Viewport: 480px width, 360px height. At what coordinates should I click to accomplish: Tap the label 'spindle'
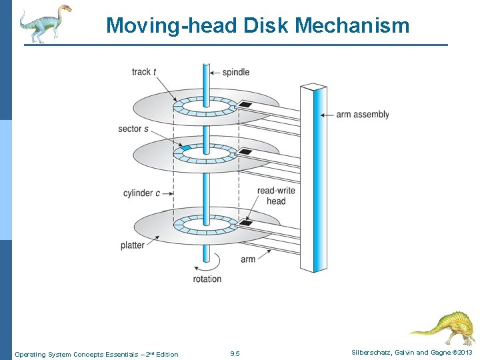235,72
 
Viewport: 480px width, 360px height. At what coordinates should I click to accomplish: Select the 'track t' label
144,72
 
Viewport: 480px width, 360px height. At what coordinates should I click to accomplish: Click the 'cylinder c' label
141,193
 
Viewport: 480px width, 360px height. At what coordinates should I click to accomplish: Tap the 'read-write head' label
276,196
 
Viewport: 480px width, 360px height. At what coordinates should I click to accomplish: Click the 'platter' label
133,245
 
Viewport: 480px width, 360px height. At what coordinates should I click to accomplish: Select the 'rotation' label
207,279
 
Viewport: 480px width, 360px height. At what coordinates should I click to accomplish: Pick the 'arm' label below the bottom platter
248,259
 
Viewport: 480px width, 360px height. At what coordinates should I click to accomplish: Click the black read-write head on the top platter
245,105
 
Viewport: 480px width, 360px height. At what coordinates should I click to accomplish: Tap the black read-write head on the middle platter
245,152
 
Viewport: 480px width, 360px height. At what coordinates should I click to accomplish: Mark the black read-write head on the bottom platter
245,223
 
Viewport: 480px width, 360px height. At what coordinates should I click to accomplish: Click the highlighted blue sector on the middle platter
186,147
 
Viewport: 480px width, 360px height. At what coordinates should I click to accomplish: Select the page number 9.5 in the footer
235,354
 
